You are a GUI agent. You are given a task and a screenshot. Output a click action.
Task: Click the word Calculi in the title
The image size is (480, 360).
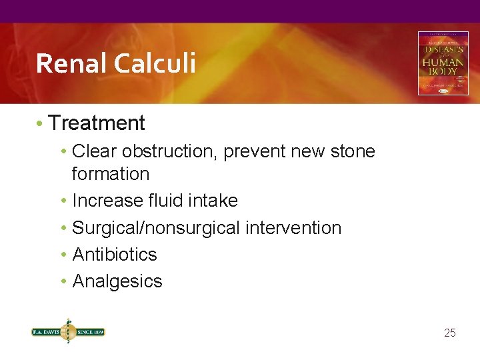click(155, 64)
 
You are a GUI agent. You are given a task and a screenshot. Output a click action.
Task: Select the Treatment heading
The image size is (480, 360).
click(97, 123)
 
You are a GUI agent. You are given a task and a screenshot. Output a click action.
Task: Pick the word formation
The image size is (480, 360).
click(111, 174)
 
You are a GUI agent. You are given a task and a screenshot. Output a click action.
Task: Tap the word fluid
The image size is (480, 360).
click(163, 201)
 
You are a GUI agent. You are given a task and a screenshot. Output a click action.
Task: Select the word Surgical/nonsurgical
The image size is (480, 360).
click(156, 228)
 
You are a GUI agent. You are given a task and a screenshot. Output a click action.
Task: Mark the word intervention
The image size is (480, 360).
click(293, 228)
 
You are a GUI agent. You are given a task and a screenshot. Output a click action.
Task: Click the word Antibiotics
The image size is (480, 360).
click(115, 255)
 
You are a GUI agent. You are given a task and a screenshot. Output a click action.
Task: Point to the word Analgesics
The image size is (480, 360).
click(117, 281)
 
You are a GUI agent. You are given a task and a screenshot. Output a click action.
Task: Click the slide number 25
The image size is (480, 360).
click(450, 333)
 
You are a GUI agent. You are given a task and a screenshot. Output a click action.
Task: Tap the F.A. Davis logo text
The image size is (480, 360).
click(45, 331)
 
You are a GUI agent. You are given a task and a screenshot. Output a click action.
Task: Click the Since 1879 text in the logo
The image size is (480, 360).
click(89, 331)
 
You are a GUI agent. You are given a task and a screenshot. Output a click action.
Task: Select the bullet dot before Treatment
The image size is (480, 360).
click(41, 124)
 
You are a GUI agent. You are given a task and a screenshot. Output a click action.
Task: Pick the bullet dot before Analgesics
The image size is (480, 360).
click(65, 282)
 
